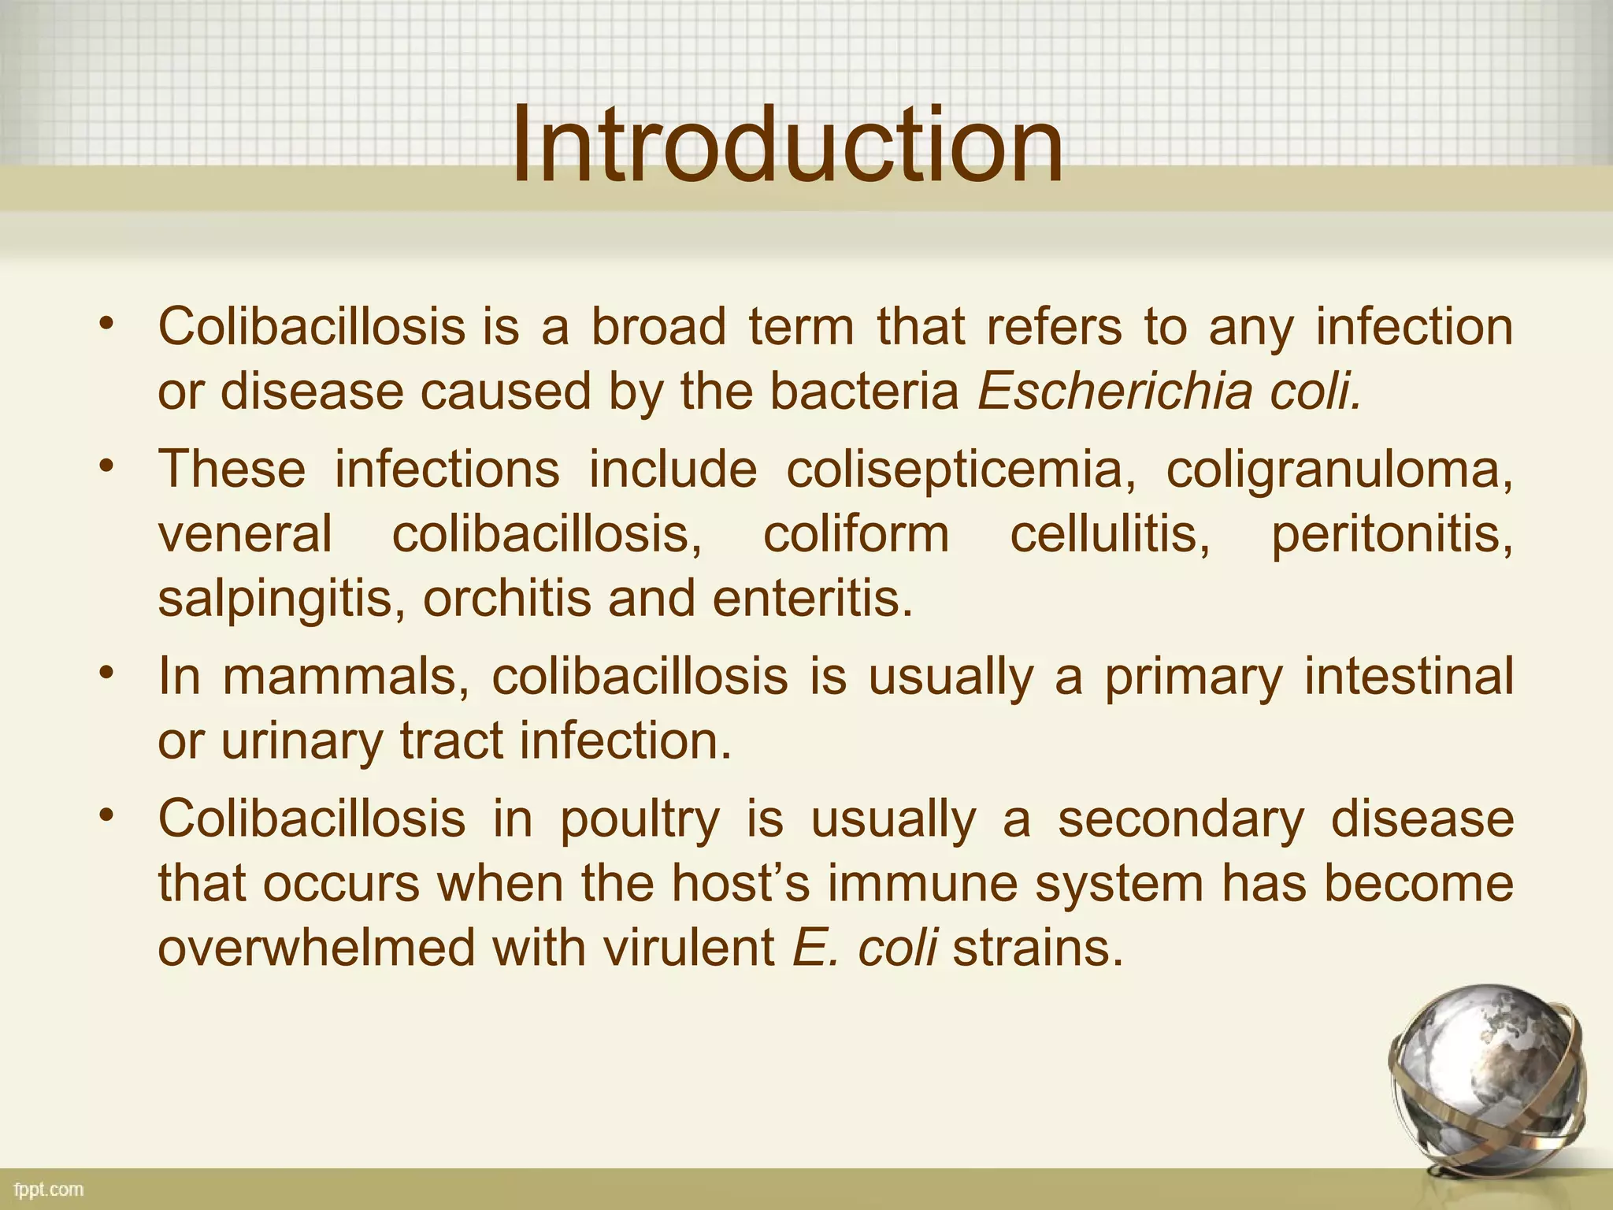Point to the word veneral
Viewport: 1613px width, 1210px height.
pyautogui.click(x=245, y=535)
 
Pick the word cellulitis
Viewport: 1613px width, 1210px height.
pyautogui.click(x=1110, y=535)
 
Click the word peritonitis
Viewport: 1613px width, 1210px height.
pyautogui.click(x=1391, y=535)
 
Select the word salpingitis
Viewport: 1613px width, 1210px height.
pyautogui.click(x=281, y=599)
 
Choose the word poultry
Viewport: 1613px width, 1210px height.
pyautogui.click(x=640, y=819)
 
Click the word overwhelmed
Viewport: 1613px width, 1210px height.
pyautogui.click(x=317, y=948)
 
